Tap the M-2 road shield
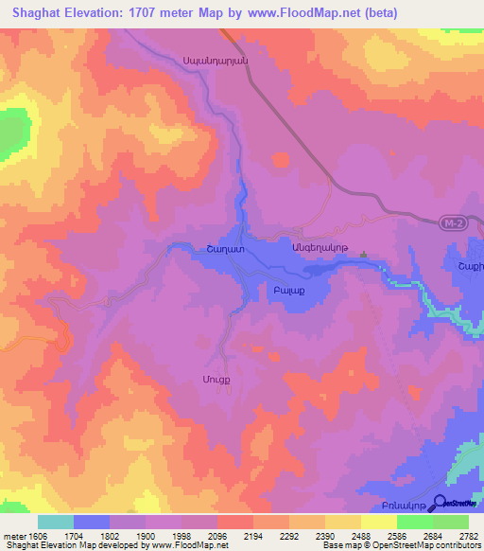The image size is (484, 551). coord(453,223)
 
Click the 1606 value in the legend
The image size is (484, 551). coord(38,536)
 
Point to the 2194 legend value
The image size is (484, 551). coord(252,536)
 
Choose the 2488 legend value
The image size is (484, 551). coord(360,536)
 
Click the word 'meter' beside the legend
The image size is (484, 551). coord(12,536)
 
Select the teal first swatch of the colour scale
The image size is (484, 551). coord(55,522)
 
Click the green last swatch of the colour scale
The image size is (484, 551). coord(450,522)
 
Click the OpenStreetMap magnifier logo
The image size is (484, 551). coord(436,504)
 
